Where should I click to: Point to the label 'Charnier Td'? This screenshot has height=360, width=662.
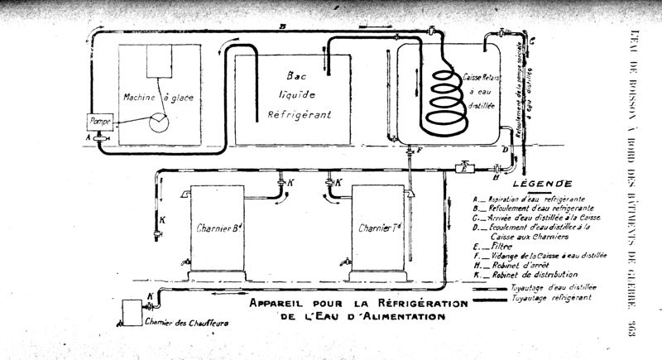pos(380,225)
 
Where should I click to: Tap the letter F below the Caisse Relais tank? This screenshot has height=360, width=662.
pos(420,150)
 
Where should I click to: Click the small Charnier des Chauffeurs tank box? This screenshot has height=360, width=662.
pos(132,312)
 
